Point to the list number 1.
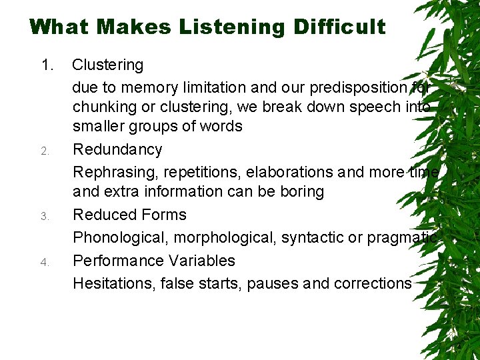coord(47,65)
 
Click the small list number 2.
coord(45,151)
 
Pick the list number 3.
coord(45,216)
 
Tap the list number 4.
coord(45,262)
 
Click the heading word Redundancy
coord(117,149)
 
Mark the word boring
coord(301,192)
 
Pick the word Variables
coord(202,260)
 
